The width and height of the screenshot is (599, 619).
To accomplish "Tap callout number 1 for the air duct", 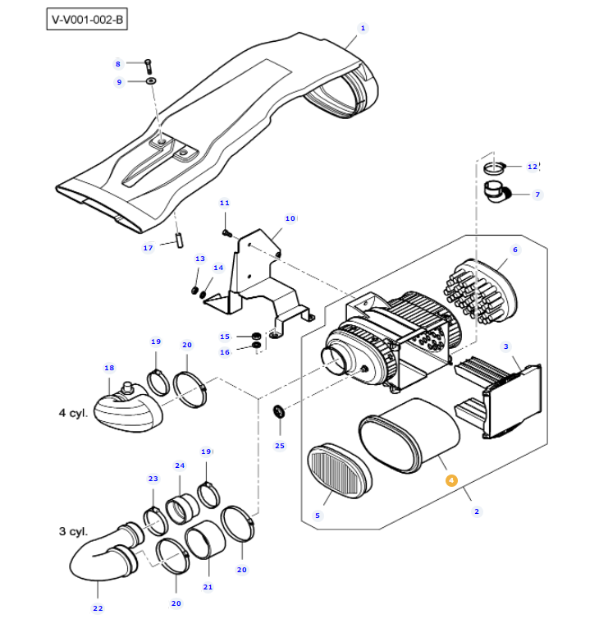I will tap(362, 27).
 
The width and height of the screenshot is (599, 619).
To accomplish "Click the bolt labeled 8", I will tap(148, 63).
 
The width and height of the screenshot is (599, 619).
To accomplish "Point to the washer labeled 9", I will tap(152, 81).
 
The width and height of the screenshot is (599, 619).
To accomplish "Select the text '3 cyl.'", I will tap(74, 532).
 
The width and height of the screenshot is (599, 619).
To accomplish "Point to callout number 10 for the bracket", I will tap(290, 218).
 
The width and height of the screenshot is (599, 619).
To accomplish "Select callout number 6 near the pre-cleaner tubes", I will tap(515, 250).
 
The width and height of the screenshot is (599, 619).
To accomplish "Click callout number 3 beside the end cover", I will tap(506, 346).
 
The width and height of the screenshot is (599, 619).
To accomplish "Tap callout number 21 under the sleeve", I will tap(208, 587).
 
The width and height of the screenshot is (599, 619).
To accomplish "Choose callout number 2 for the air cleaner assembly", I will tap(477, 511).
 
